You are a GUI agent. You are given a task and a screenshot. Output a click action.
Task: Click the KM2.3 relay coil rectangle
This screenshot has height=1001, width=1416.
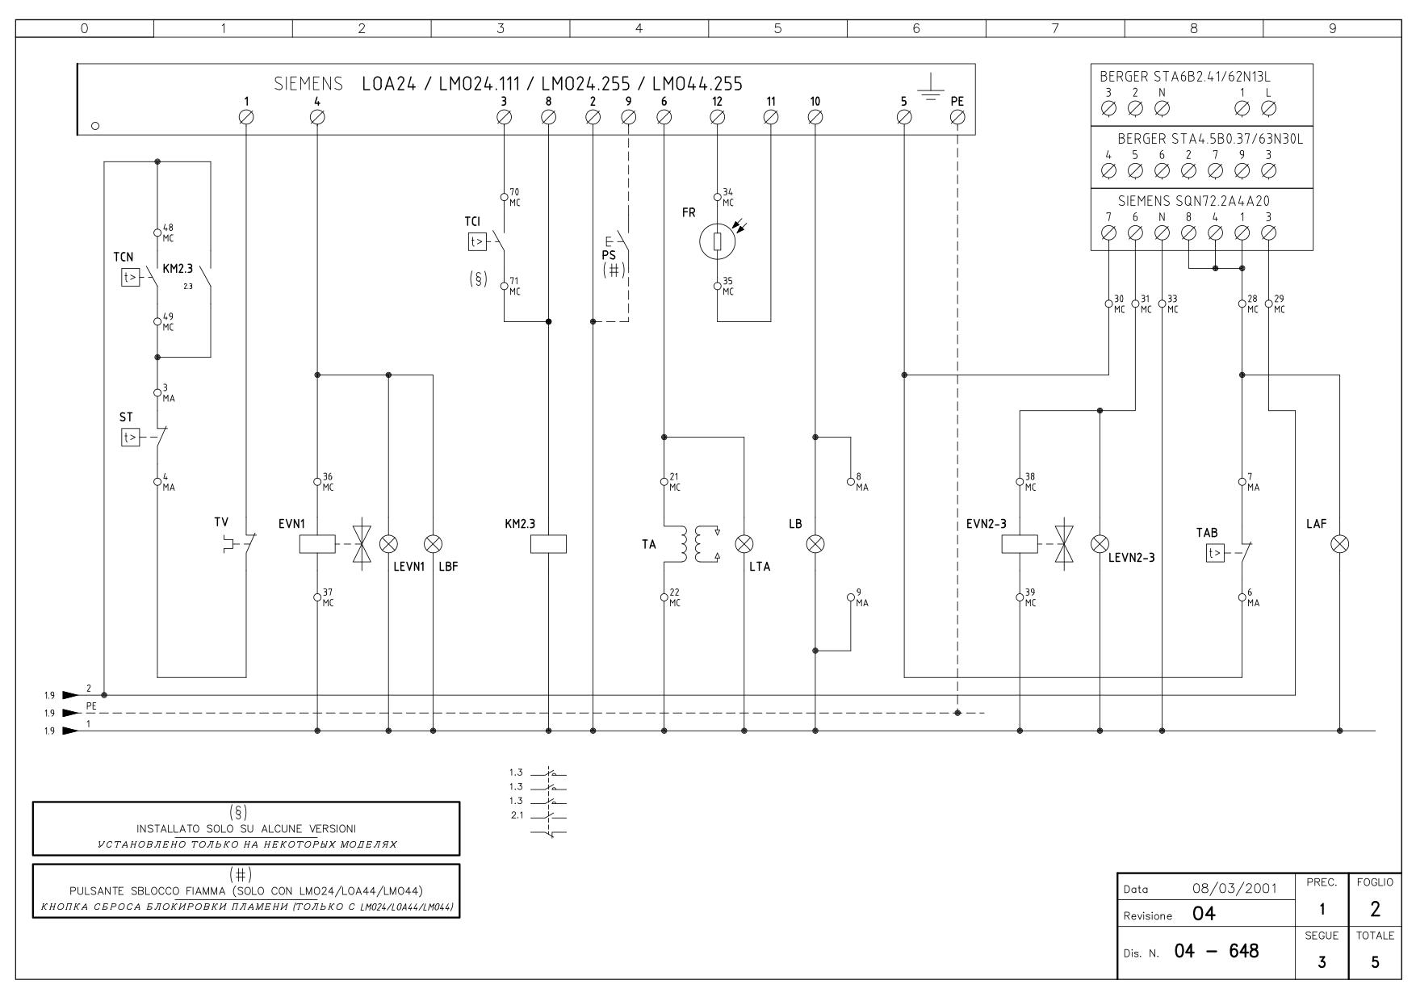(x=548, y=544)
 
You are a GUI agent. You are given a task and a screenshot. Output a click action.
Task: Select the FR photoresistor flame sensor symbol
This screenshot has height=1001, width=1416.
(x=717, y=242)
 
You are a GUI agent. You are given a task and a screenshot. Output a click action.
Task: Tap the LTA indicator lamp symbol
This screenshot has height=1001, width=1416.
(x=744, y=544)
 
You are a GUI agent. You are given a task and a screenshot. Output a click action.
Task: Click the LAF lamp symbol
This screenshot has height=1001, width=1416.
(x=1340, y=544)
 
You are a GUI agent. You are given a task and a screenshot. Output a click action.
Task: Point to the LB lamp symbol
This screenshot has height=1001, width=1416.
(x=815, y=544)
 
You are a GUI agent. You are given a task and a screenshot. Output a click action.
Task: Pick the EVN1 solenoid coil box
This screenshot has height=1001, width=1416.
(x=317, y=544)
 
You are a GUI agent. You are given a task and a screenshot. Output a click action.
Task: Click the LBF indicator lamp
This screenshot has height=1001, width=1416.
(x=434, y=544)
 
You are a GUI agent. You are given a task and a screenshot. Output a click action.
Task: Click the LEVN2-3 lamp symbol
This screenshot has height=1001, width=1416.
(x=1100, y=544)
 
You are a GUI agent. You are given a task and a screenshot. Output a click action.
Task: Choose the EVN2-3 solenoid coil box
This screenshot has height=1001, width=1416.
(x=1020, y=544)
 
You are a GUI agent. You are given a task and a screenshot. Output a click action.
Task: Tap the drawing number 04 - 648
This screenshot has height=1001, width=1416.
(x=1217, y=952)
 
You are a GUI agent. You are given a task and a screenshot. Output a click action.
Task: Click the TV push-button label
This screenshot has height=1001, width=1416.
(x=221, y=523)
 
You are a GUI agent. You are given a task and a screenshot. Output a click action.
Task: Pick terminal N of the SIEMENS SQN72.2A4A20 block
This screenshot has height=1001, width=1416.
(x=1162, y=232)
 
